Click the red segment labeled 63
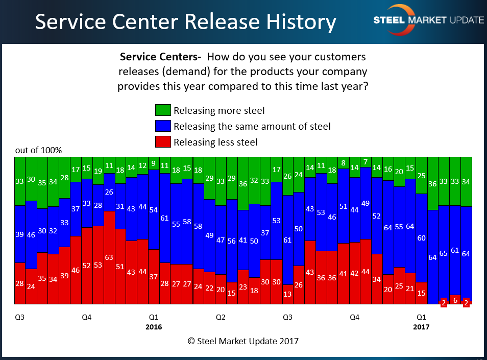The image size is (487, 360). pos(109,257)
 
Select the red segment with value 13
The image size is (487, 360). pos(288,294)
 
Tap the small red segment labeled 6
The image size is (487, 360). pos(455,300)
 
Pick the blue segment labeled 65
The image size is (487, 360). pos(444,253)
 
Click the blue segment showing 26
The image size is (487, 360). pos(109,192)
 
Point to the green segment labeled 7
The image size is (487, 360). pos(366,162)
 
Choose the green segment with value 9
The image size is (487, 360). pos(154,163)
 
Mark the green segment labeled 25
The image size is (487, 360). pos(422,176)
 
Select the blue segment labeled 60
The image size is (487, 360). pos(422,238)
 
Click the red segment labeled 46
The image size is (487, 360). pos(76,270)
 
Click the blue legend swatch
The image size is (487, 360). pos(162,126)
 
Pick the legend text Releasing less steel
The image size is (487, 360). pos(215,142)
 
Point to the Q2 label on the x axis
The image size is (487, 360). pos(221,317)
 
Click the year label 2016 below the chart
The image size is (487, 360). pos(154,327)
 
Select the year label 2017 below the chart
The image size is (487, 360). pos(422,327)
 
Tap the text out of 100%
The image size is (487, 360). pos(38,151)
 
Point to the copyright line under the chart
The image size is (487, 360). pos(243,341)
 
